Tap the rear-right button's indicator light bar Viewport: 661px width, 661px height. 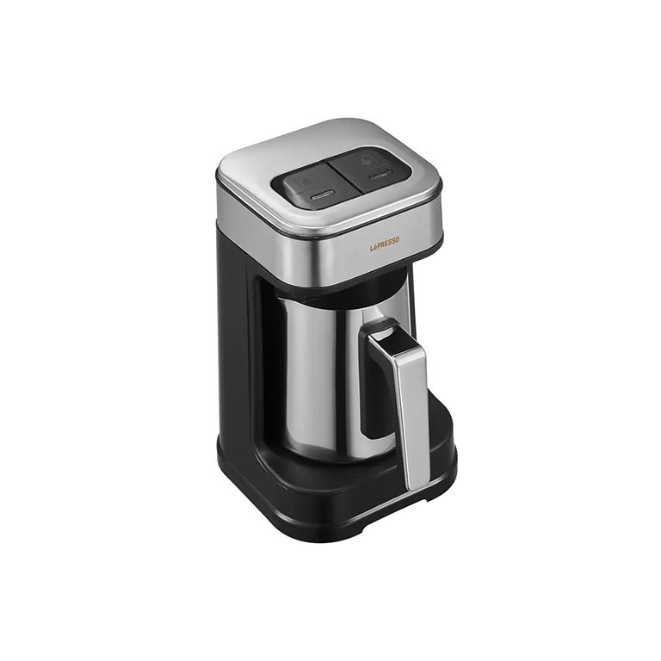pyautogui.click(x=379, y=175)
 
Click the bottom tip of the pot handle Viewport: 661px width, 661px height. pyautogui.click(x=416, y=488)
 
